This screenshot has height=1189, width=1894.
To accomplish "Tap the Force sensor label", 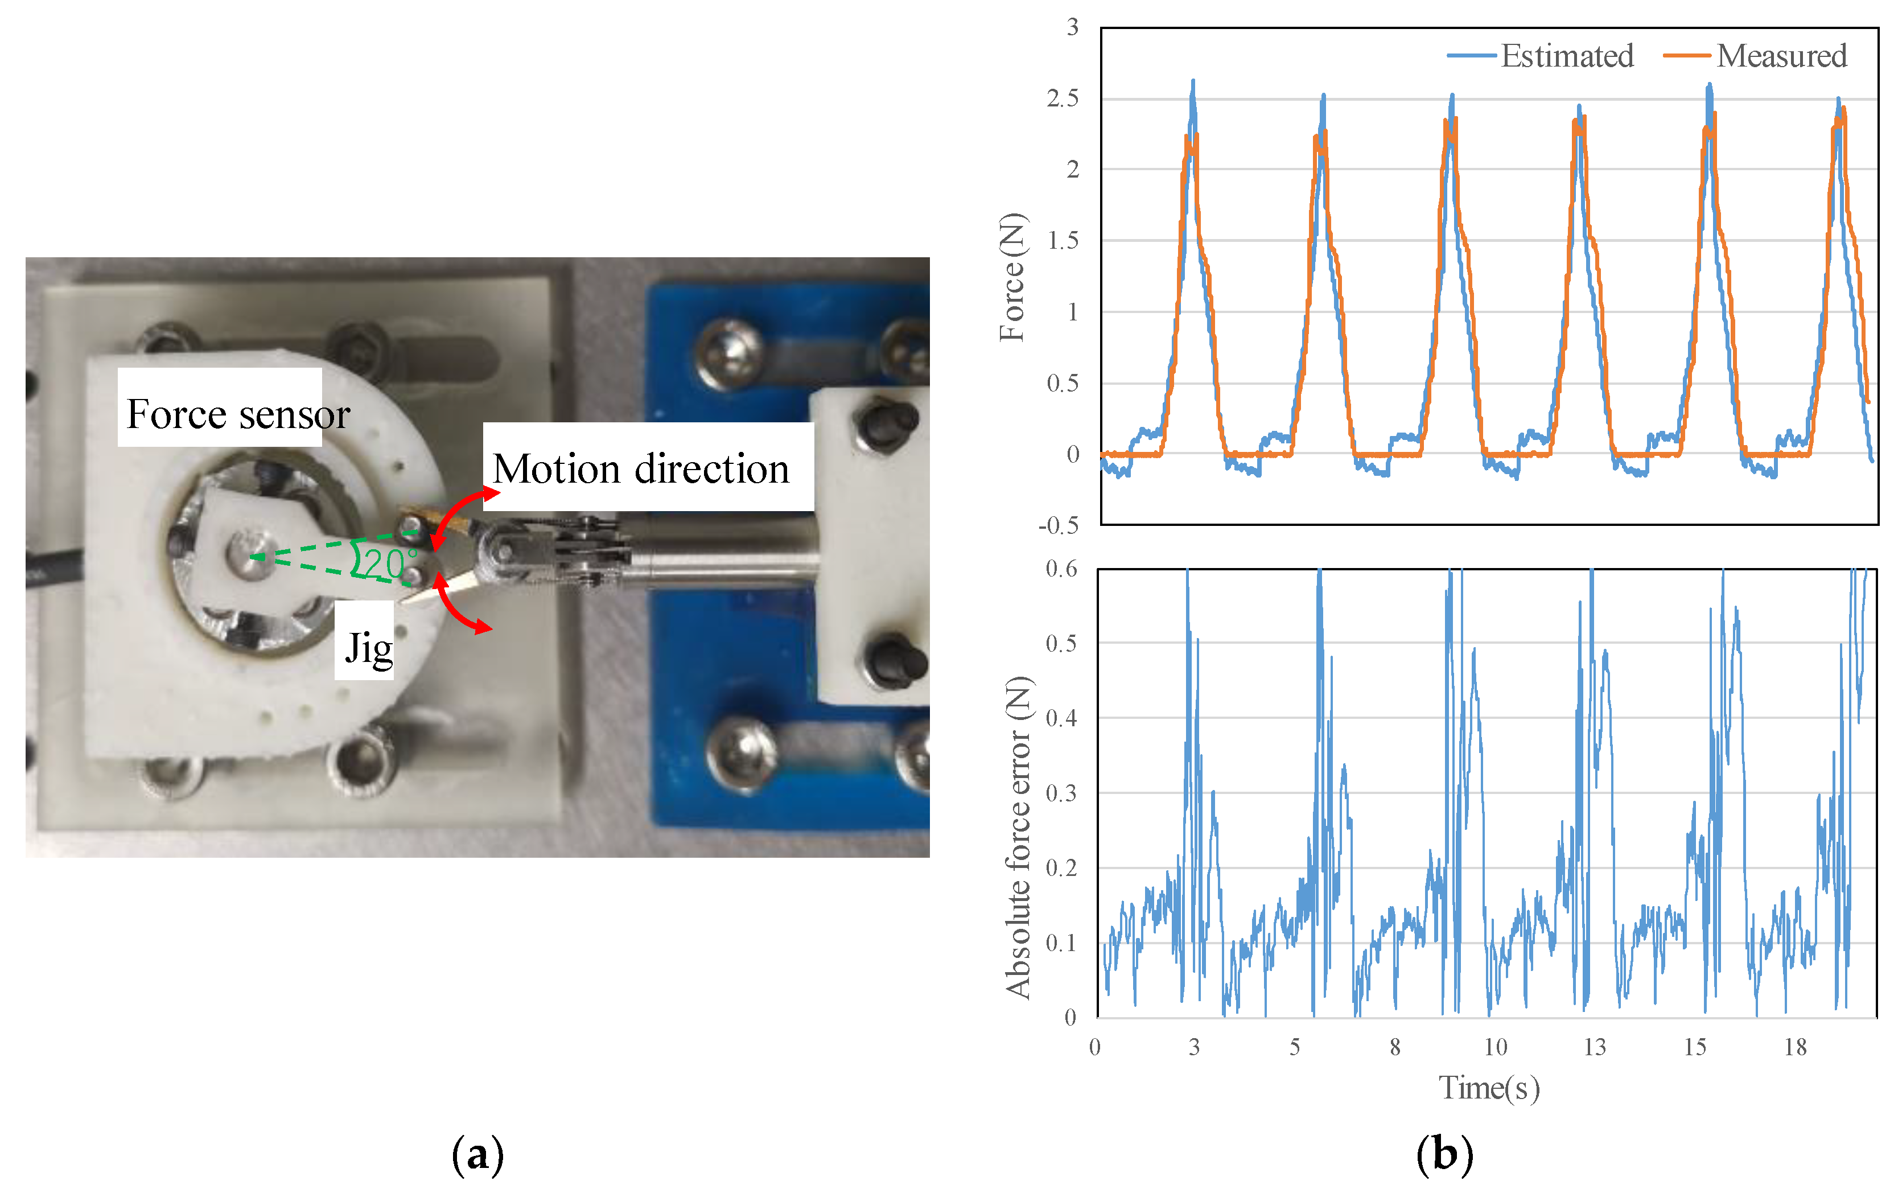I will (237, 414).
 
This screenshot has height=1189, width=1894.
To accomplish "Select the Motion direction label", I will (641, 468).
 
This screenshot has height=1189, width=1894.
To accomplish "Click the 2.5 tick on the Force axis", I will (1062, 98).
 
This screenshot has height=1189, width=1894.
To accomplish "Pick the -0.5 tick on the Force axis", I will (1058, 525).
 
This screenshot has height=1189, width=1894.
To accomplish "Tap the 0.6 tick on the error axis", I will (1061, 569).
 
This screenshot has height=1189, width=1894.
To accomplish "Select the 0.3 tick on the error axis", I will (1061, 793).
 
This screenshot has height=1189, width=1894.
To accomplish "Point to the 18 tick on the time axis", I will (1795, 1047).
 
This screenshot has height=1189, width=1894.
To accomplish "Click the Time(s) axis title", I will (1488, 1088).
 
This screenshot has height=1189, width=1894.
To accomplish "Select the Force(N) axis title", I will (1012, 277).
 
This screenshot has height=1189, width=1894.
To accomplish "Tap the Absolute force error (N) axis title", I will (1018, 837).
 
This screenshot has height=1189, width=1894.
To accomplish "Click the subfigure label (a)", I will (477, 1154).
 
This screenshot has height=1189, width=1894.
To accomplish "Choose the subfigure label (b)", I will (1444, 1154).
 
